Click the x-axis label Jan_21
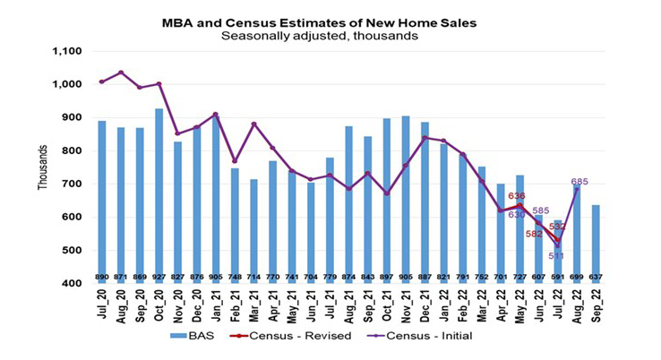click(x=216, y=302)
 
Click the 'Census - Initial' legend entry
click(x=420, y=337)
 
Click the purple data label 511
click(x=556, y=255)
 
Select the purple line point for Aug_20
click(x=121, y=73)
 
